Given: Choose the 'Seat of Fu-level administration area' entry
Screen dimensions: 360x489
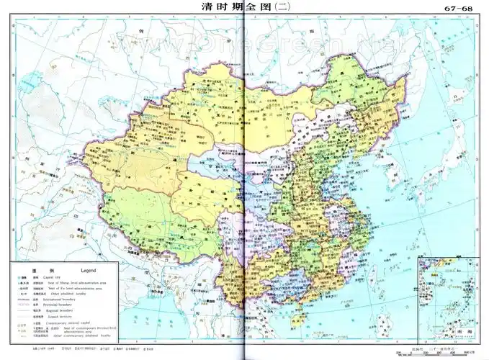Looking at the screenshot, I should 75,289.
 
